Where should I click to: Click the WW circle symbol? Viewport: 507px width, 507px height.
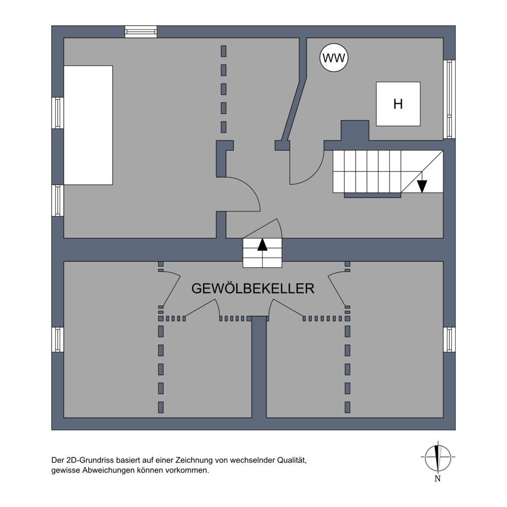click(x=335, y=58)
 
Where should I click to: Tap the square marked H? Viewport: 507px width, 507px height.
click(x=398, y=104)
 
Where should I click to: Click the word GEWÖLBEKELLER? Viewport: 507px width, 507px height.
click(x=252, y=288)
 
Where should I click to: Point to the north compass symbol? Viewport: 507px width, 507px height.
click(x=438, y=456)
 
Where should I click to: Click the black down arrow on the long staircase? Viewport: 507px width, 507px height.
click(x=422, y=186)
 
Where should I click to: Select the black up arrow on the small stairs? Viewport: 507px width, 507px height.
click(x=262, y=245)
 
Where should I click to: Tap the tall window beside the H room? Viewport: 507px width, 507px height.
click(x=449, y=99)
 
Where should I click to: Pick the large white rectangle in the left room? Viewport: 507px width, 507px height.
click(x=88, y=125)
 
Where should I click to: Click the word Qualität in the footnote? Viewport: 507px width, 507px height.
click(x=292, y=460)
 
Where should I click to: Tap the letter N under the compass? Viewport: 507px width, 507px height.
click(x=438, y=479)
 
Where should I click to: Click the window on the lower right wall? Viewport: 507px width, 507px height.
click(x=449, y=340)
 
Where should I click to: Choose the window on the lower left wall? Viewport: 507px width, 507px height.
click(x=58, y=340)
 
